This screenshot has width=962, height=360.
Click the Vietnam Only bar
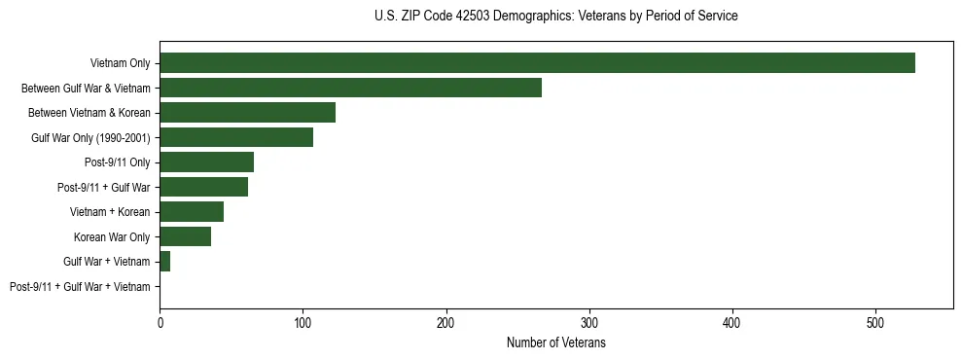point(537,63)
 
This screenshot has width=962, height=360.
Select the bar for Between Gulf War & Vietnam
point(350,88)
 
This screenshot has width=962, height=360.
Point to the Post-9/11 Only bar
point(206,162)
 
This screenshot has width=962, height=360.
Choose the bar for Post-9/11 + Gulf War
point(203,187)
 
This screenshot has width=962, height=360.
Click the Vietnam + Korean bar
point(192,212)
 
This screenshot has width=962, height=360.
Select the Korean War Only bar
point(185,236)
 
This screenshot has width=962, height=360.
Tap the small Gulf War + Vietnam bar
point(165,262)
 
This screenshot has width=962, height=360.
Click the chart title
point(555,17)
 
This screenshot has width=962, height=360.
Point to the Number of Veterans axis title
point(555,343)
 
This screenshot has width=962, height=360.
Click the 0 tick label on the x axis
point(160,324)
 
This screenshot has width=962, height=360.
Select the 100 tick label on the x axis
point(303,324)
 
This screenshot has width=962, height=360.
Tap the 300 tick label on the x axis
point(589,324)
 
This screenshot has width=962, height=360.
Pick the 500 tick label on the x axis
point(875,324)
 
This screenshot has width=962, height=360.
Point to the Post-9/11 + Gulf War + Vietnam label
point(80,287)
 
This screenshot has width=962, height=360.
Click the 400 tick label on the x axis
point(732,324)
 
